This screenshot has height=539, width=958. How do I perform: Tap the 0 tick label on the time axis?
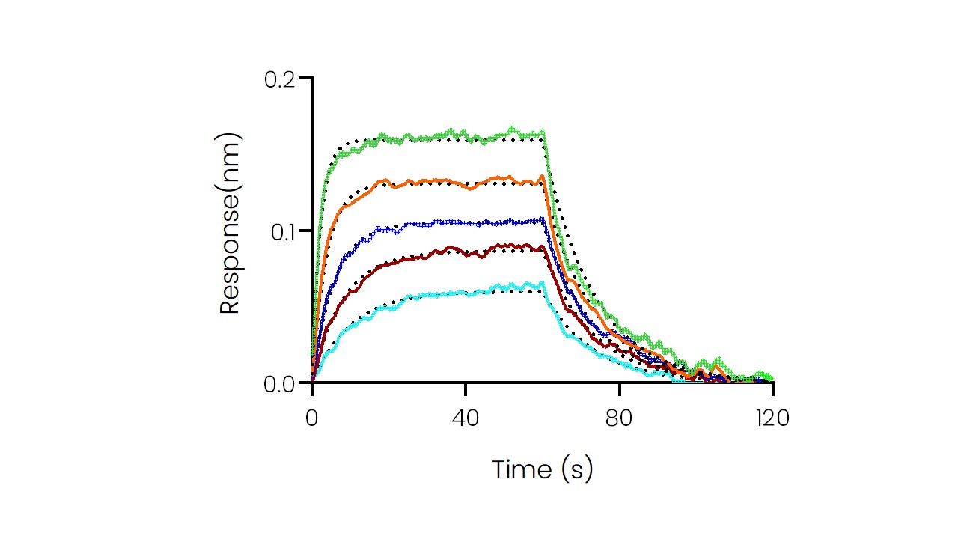tap(312, 418)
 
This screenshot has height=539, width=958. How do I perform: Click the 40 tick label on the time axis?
tap(466, 418)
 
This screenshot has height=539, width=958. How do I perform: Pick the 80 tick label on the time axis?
tap(619, 418)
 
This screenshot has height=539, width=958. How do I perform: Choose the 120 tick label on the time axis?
tap(772, 418)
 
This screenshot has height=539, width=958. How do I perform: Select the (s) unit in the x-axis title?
tap(576, 470)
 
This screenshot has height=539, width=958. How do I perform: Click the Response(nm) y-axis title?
tap(230, 223)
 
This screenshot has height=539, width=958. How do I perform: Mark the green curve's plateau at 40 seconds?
tap(466, 135)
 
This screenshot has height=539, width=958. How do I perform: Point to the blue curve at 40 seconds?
tap(466, 222)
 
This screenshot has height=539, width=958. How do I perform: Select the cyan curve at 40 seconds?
tap(466, 293)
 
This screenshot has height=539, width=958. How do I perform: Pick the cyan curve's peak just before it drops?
tap(541, 282)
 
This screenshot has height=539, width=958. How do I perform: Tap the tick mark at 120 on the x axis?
tap(772, 388)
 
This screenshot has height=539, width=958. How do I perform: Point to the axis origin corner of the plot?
tap(312, 383)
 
